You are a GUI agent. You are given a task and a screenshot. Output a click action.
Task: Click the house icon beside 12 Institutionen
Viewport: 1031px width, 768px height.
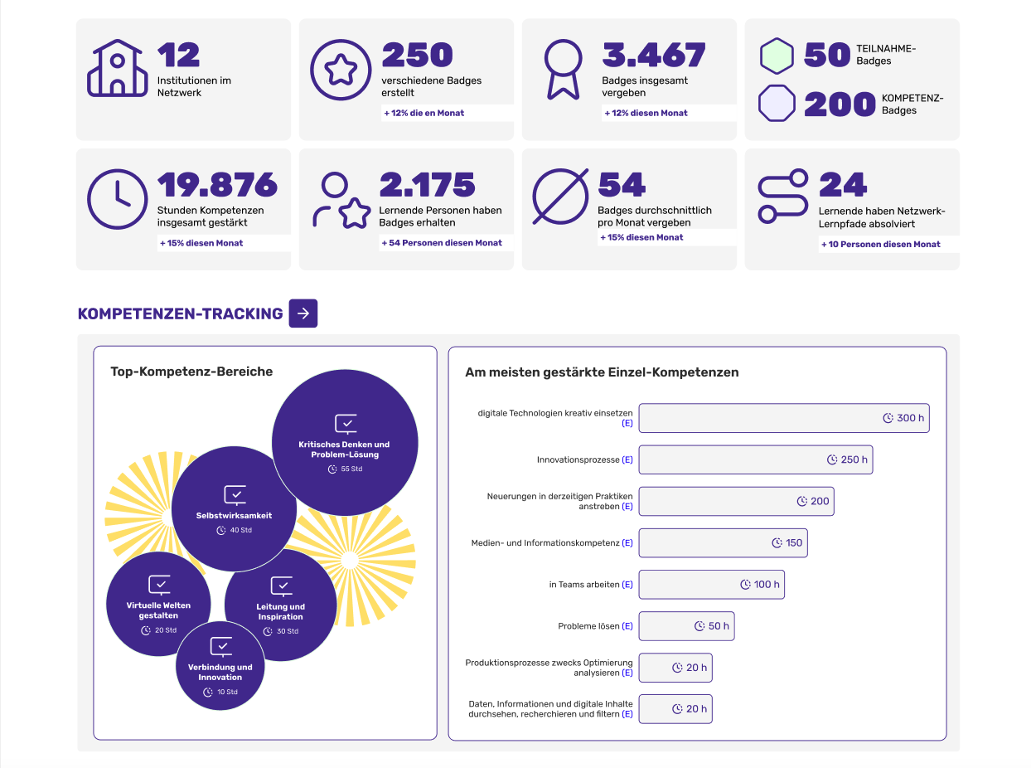[x=117, y=68]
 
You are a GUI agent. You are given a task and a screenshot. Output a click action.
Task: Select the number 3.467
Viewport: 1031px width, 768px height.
[x=653, y=56]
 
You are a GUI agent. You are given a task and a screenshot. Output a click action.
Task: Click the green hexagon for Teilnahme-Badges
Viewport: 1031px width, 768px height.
[x=777, y=56]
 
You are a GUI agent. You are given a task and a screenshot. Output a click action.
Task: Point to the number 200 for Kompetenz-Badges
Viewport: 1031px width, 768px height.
[x=840, y=105]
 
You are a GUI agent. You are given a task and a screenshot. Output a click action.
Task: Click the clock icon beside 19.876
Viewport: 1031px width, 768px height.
[x=117, y=199]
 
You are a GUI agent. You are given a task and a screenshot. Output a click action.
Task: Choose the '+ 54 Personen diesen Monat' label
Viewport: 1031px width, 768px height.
[x=445, y=243]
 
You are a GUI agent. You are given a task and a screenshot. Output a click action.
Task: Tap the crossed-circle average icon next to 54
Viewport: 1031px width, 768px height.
[x=560, y=197]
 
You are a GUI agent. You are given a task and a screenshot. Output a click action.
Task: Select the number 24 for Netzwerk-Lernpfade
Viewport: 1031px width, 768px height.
[x=842, y=185]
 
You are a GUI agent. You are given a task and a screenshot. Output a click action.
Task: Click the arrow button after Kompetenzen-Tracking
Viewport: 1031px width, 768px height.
[x=303, y=314]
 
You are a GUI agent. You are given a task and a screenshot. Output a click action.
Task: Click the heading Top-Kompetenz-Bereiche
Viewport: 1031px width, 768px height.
[x=191, y=372]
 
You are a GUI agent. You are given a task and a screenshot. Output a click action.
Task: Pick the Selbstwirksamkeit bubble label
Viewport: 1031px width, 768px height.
[x=234, y=516]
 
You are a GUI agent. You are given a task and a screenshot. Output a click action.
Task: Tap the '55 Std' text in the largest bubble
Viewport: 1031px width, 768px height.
[x=351, y=469]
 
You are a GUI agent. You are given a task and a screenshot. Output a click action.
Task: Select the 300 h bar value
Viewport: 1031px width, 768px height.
[x=910, y=418]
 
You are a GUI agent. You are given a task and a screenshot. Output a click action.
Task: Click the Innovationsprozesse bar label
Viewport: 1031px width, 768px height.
[x=578, y=459]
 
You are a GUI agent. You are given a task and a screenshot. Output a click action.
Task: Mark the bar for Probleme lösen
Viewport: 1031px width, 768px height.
[x=686, y=626]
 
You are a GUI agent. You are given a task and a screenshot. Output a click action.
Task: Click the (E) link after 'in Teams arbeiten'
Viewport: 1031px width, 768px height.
[x=627, y=585]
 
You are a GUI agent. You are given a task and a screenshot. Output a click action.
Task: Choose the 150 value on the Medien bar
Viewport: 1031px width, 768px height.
[x=794, y=543]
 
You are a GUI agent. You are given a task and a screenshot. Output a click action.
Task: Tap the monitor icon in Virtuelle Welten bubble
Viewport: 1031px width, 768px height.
[x=159, y=585]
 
